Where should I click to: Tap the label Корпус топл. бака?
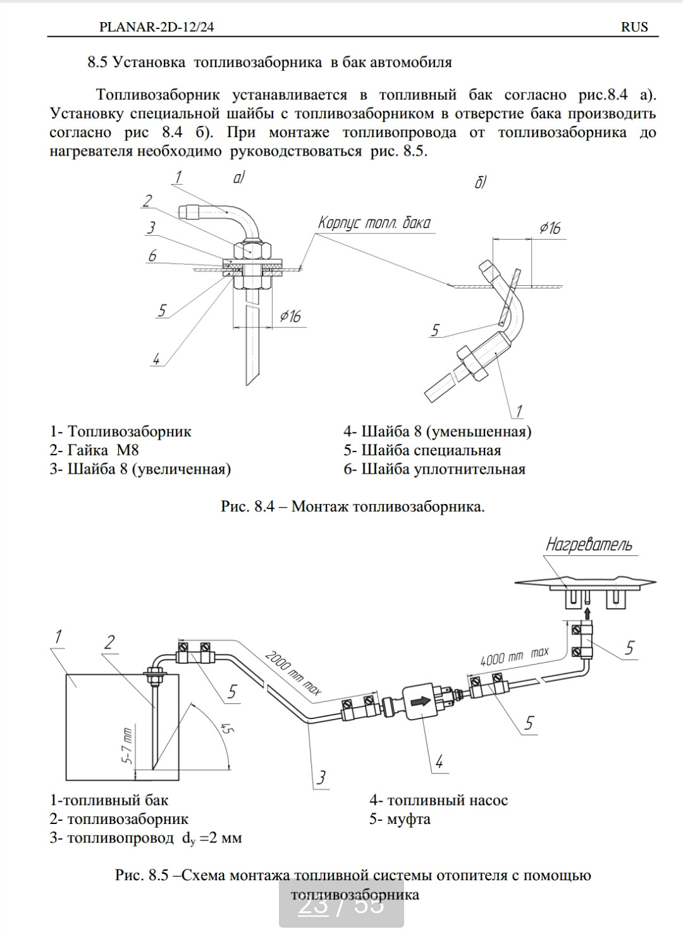[x=374, y=223]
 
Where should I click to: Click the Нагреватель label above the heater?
[x=589, y=544]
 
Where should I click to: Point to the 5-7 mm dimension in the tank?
[x=129, y=745]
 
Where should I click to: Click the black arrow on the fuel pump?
[x=419, y=701]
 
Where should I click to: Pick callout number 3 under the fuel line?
[x=321, y=777]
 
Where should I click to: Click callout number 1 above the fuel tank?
[x=58, y=636]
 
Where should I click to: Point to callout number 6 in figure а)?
[x=152, y=255]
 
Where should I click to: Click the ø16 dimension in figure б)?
[x=550, y=228]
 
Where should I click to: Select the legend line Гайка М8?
[x=94, y=450]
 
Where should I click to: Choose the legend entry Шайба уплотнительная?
[x=434, y=469]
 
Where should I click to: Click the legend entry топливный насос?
[x=439, y=801]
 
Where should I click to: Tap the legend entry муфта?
[x=400, y=820]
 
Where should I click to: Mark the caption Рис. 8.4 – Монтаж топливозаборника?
[x=353, y=507]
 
